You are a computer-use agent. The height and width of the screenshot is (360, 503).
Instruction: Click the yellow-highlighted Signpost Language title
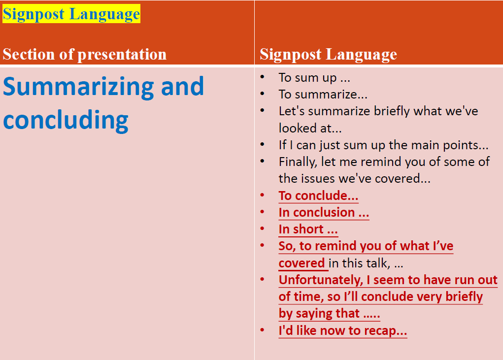(71, 14)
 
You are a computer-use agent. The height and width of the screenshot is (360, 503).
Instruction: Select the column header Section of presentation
(85, 54)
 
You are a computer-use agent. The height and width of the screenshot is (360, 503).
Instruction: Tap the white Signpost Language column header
(328, 54)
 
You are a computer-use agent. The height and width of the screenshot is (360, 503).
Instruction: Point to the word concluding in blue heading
(66, 120)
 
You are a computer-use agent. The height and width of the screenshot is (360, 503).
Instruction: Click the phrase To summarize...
(323, 95)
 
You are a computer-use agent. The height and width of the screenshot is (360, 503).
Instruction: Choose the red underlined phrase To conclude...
(318, 196)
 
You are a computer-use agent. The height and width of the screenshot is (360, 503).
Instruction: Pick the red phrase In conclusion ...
(323, 212)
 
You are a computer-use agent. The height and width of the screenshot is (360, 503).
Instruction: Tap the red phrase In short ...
(308, 229)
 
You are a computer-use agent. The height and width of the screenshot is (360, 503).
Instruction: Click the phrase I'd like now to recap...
(342, 330)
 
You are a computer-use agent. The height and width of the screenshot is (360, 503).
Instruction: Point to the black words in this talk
(366, 263)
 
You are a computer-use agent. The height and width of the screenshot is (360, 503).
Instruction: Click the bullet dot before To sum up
(263, 77)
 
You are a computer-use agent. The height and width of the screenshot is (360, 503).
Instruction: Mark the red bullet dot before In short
(263, 229)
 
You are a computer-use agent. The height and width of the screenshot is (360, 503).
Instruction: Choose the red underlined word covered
(302, 263)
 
